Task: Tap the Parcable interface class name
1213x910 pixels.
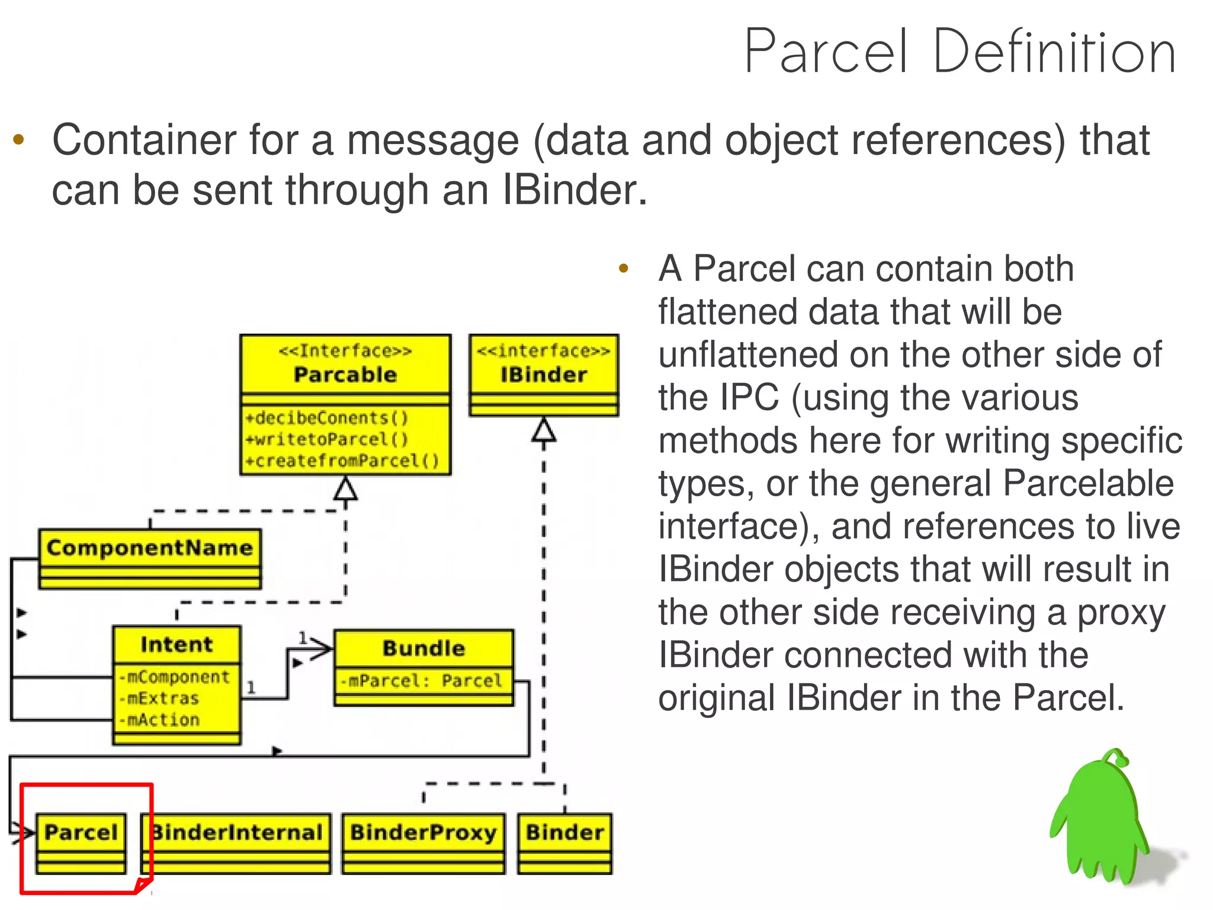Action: [x=345, y=375]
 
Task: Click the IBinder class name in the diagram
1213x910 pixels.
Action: [x=543, y=375]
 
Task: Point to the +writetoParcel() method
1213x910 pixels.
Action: [x=327, y=439]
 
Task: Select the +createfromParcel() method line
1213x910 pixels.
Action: [x=342, y=461]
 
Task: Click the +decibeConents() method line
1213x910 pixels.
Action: [x=327, y=418]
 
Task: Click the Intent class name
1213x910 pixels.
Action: [x=177, y=644]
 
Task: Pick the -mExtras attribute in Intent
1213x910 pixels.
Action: [x=159, y=698]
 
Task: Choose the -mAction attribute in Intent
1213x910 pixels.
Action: [x=159, y=720]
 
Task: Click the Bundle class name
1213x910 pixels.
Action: [x=423, y=648]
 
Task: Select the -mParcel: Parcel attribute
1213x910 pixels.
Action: [x=421, y=681]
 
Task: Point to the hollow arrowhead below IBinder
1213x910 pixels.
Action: [x=544, y=430]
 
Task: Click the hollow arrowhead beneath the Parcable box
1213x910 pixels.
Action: [x=346, y=489]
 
